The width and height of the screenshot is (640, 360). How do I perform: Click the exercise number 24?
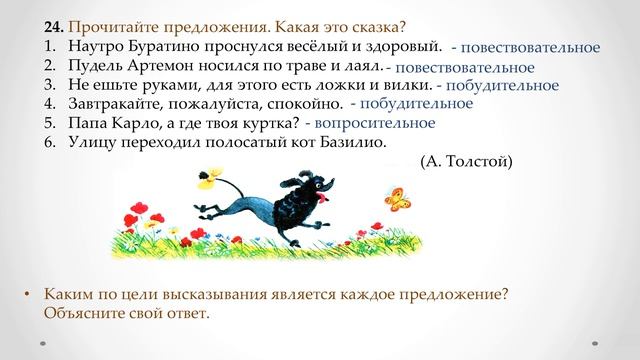tap(53, 28)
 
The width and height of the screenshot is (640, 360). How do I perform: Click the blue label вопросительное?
tap(359, 122)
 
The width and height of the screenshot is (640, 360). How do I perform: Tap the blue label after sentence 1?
tap(525, 47)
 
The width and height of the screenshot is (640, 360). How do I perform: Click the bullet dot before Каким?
tap(27, 295)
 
